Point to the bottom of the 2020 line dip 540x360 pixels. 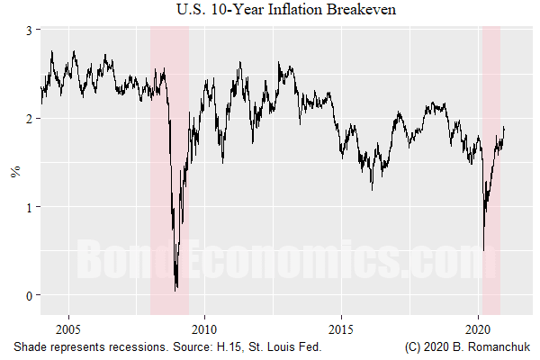click(483, 251)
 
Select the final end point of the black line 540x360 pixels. click(504, 127)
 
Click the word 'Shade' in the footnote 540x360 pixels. click(31, 346)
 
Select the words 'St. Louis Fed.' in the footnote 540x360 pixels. click(280, 346)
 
